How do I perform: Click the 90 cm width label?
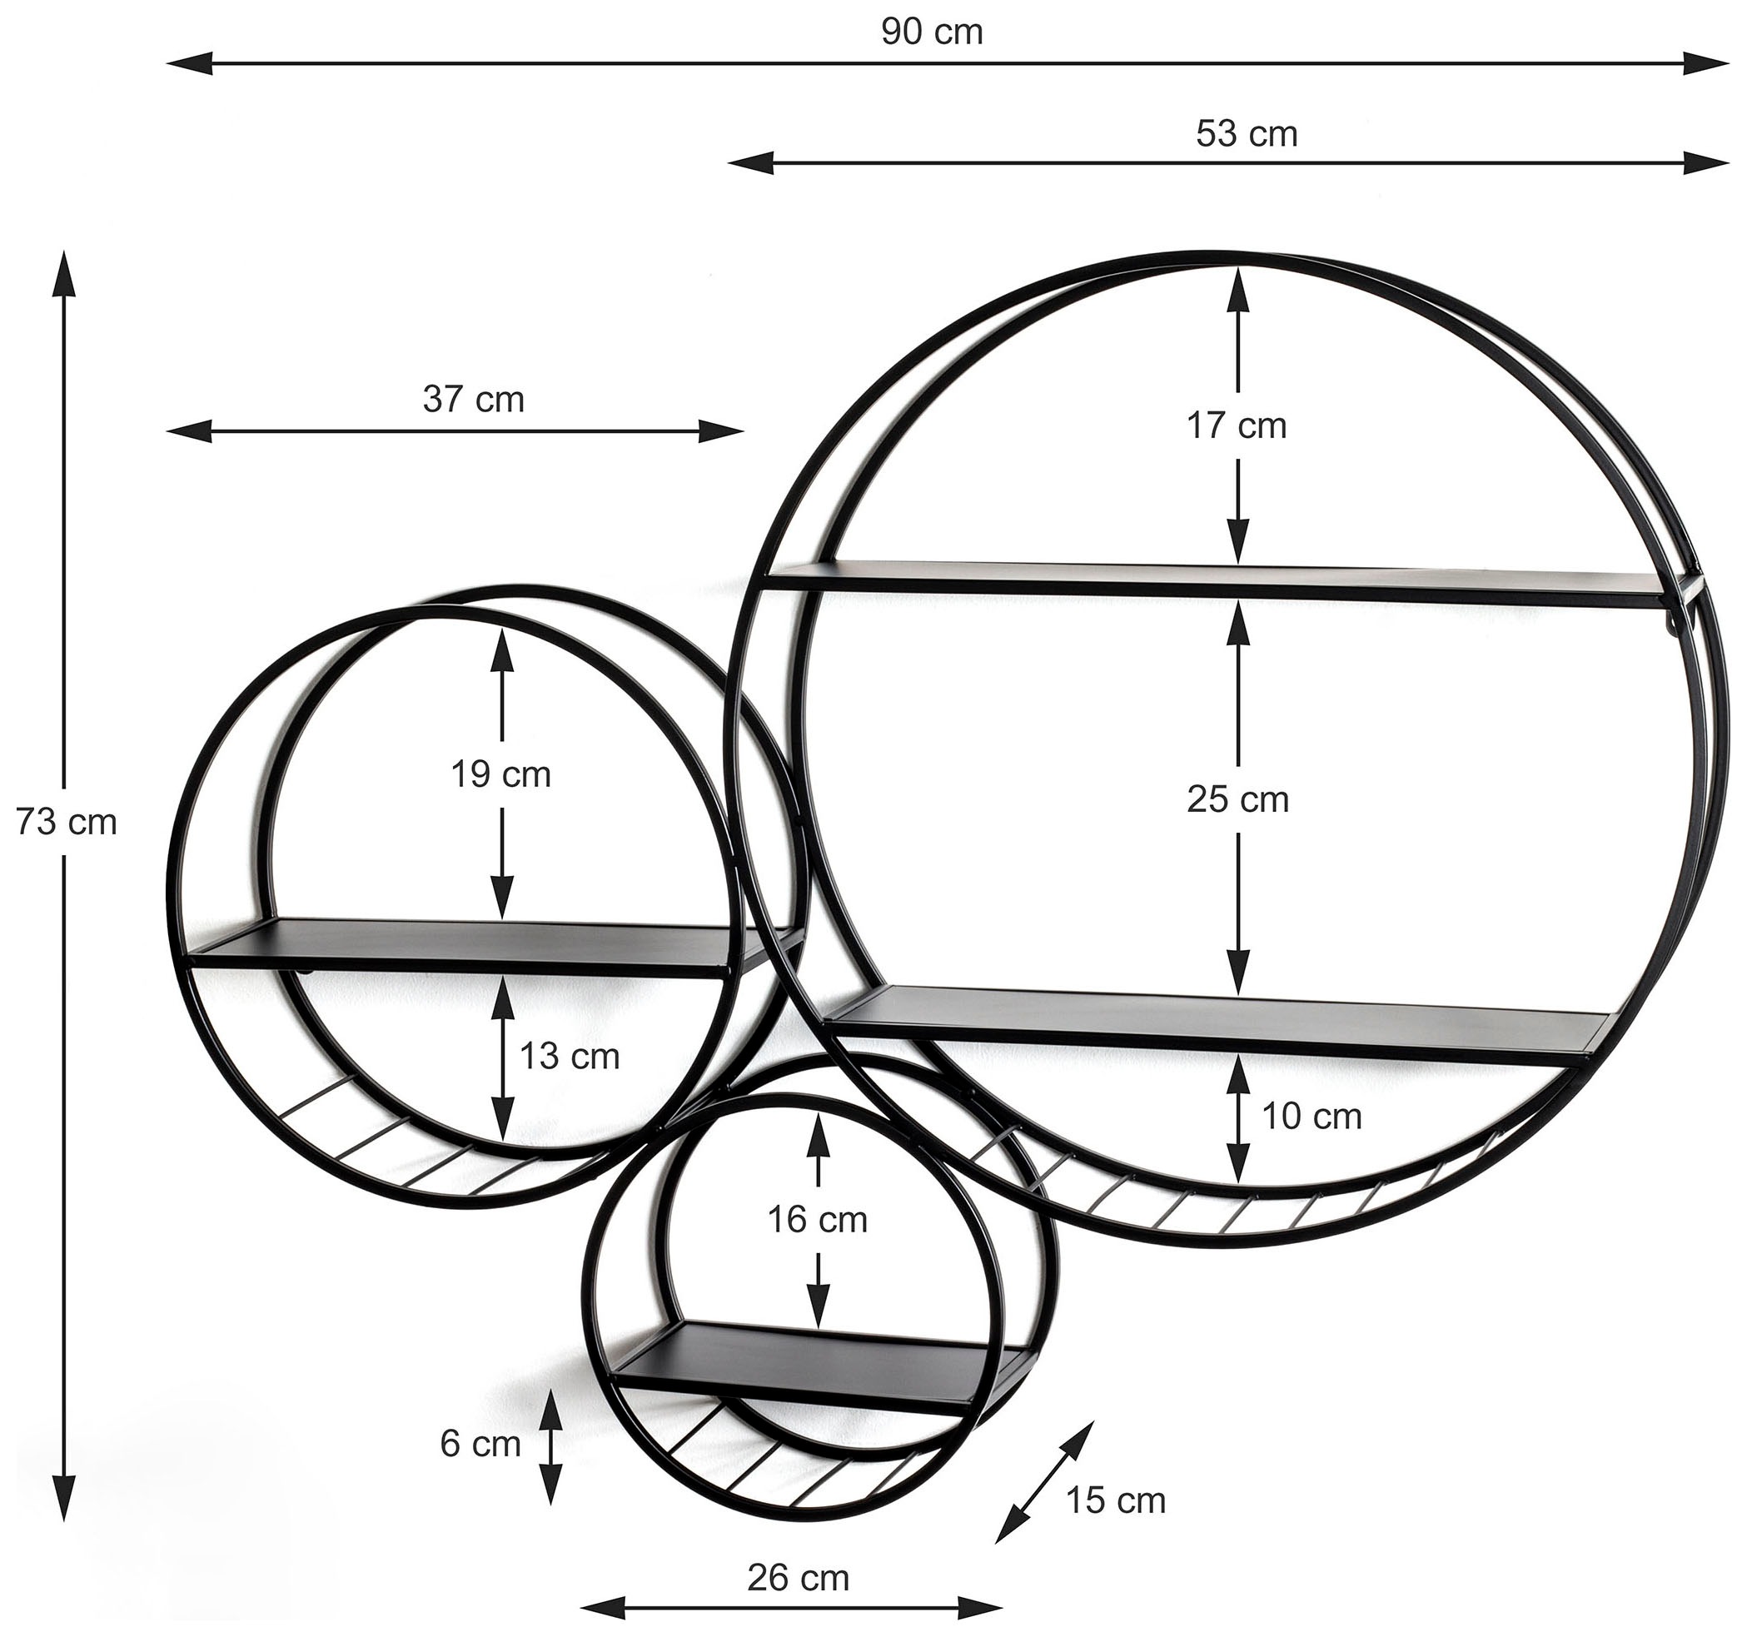click(x=932, y=32)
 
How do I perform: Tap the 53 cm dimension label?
click(x=1246, y=133)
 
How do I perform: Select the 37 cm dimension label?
click(x=474, y=400)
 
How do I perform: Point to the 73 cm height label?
click(x=66, y=823)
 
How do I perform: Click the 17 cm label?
click(x=1237, y=426)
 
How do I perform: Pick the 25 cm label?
click(x=1237, y=800)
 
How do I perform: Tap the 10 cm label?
click(x=1312, y=1117)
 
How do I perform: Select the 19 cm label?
click(x=501, y=775)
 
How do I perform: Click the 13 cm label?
click(x=570, y=1056)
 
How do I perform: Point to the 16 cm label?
click(x=817, y=1221)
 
